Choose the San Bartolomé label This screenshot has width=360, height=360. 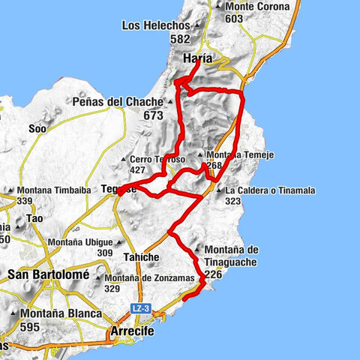(x=48, y=275)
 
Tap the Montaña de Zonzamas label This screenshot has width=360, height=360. (x=154, y=278)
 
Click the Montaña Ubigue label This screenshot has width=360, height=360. (x=80, y=242)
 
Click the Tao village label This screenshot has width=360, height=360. (x=34, y=218)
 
